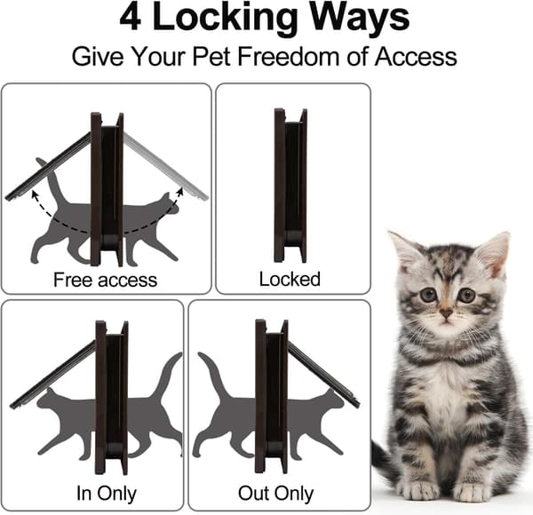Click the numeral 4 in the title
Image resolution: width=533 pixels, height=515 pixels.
(x=131, y=18)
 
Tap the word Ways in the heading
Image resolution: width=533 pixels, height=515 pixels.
(x=360, y=20)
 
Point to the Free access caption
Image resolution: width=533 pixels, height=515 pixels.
(x=106, y=280)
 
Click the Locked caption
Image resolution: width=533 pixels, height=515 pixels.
(x=290, y=279)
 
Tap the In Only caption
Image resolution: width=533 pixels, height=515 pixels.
(x=107, y=494)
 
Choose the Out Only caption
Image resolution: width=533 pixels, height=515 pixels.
(x=275, y=494)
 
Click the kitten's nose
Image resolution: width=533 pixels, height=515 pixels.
(x=446, y=313)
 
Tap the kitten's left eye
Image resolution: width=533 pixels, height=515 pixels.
(x=466, y=295)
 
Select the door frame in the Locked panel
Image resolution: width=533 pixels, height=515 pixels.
(x=290, y=186)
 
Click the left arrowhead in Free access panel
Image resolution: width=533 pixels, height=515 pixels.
(x=35, y=194)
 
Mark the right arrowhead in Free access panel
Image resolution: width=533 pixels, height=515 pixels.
(x=180, y=192)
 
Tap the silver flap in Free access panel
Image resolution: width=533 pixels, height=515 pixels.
(x=165, y=166)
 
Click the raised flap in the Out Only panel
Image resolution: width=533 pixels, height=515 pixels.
(x=324, y=375)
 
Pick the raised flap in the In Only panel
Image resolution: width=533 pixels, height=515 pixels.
(x=52, y=375)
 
